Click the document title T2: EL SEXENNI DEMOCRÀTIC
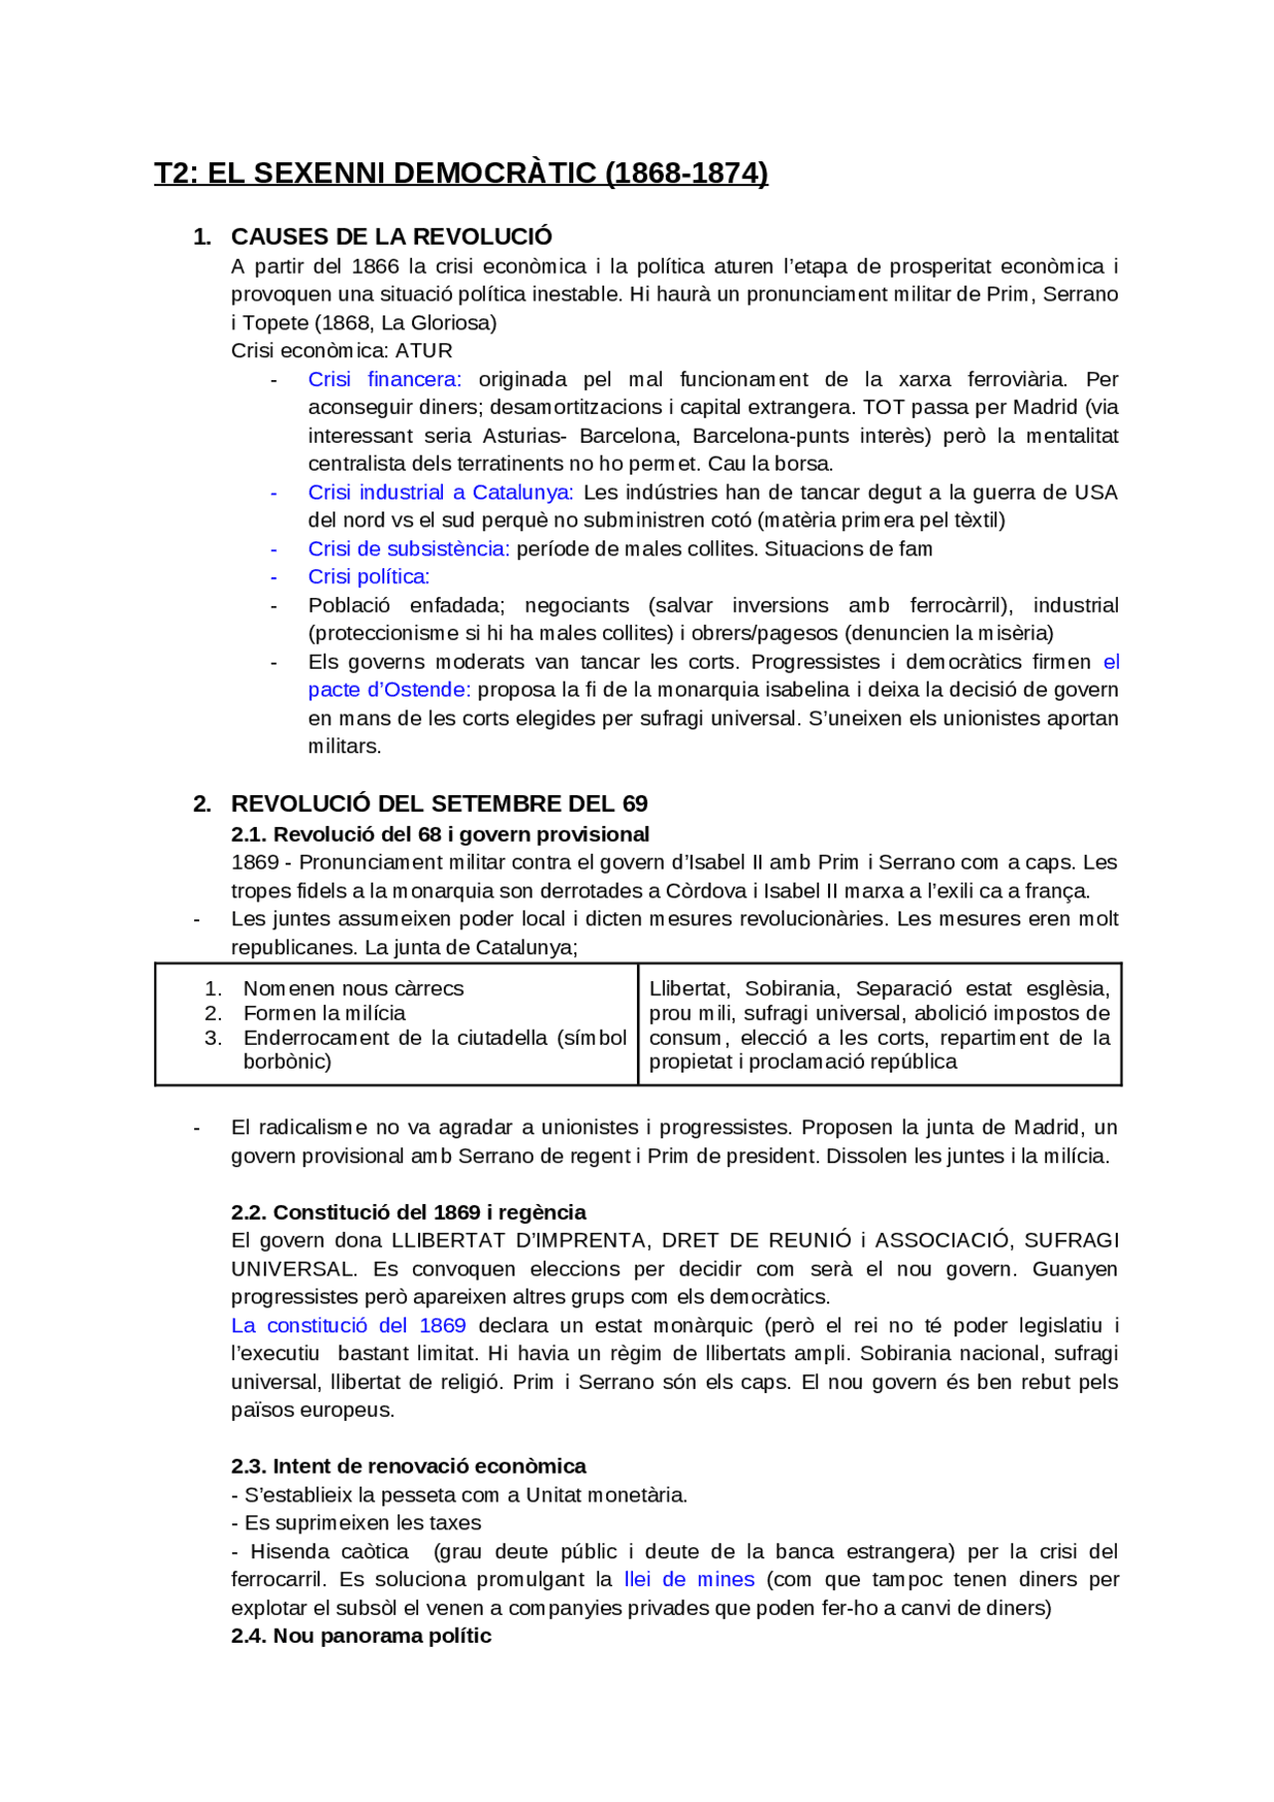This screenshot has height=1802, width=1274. point(461,173)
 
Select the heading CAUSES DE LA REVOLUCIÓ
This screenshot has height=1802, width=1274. point(391,237)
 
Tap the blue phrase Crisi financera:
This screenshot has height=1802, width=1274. point(384,379)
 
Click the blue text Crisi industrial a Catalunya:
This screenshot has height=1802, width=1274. point(440,493)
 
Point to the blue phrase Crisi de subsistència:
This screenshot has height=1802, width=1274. point(408,549)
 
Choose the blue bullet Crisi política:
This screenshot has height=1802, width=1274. point(368,577)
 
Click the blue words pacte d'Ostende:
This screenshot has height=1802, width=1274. point(389,690)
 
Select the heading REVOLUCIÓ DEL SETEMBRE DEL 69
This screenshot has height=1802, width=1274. point(439,804)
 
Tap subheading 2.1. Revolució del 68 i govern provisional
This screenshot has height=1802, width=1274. point(440,834)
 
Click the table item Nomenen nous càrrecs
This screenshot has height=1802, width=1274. point(353,989)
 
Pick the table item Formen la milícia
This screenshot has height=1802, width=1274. point(324,1014)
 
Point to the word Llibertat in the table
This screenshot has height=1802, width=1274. point(689,989)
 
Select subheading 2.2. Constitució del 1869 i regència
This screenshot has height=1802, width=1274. point(408,1213)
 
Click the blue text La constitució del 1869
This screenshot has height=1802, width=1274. point(348,1326)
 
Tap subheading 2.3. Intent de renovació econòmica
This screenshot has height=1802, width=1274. point(408,1467)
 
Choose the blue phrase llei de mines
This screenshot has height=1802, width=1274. point(689,1580)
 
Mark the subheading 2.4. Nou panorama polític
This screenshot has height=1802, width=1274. point(361,1637)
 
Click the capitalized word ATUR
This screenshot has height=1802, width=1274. point(424,351)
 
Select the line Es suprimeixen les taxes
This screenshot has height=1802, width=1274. point(362,1523)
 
